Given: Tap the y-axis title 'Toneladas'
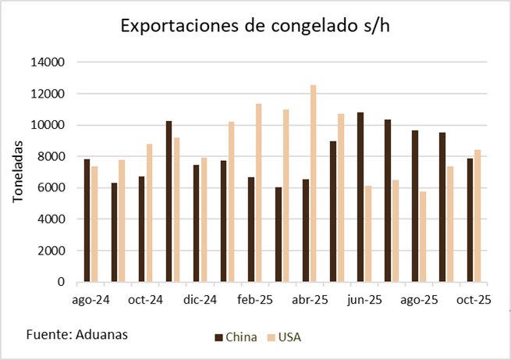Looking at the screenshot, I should pyautogui.click(x=18, y=172).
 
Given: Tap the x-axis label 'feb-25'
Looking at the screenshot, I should pyautogui.click(x=255, y=299).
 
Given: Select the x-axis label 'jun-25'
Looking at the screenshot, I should pyautogui.click(x=364, y=299).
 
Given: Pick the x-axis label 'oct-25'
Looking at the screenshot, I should pyautogui.click(x=474, y=299).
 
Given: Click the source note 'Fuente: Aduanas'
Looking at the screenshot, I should pyautogui.click(x=76, y=334).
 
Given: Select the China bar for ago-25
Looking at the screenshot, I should pyautogui.click(x=415, y=206).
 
